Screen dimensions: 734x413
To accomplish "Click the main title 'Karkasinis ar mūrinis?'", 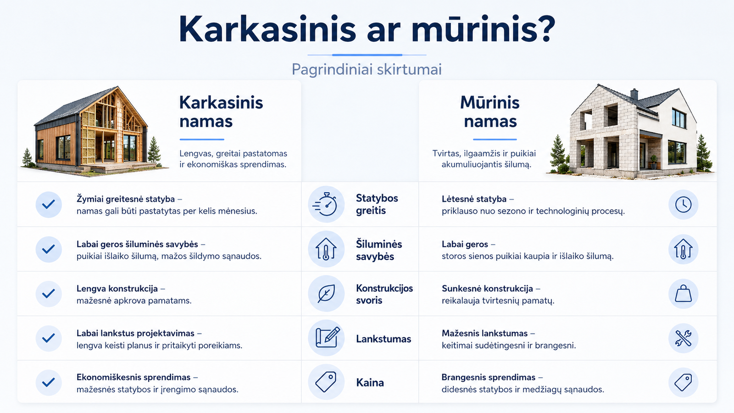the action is (x=367, y=29).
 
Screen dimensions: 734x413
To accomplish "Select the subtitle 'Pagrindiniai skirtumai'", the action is (x=367, y=69).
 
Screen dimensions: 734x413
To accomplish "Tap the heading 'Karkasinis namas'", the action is (x=221, y=112).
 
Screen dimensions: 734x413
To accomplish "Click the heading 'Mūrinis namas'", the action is (x=490, y=112).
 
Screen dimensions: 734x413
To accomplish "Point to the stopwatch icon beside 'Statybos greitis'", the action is (x=325, y=204).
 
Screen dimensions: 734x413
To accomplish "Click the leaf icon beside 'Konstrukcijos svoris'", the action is (x=326, y=293).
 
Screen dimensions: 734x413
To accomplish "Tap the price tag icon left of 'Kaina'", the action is (x=326, y=382).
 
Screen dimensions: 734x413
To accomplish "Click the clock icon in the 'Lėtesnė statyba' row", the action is (x=683, y=205).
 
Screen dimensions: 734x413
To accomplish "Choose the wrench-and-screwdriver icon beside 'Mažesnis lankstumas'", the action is (x=683, y=338).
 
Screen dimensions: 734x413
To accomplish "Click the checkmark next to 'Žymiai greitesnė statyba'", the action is (x=49, y=205).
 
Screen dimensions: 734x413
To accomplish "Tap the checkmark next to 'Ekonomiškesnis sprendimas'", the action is (x=49, y=383).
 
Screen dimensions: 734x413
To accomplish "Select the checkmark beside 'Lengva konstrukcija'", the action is (x=49, y=293).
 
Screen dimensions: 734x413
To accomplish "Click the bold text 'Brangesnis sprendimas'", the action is (x=488, y=378).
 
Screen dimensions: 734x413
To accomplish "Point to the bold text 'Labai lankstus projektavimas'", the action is (x=135, y=333).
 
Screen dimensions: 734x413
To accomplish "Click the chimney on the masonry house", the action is (x=634, y=94).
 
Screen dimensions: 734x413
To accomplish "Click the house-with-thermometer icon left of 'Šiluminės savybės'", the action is (x=326, y=249).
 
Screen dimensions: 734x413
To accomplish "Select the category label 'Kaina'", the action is (x=370, y=383).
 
